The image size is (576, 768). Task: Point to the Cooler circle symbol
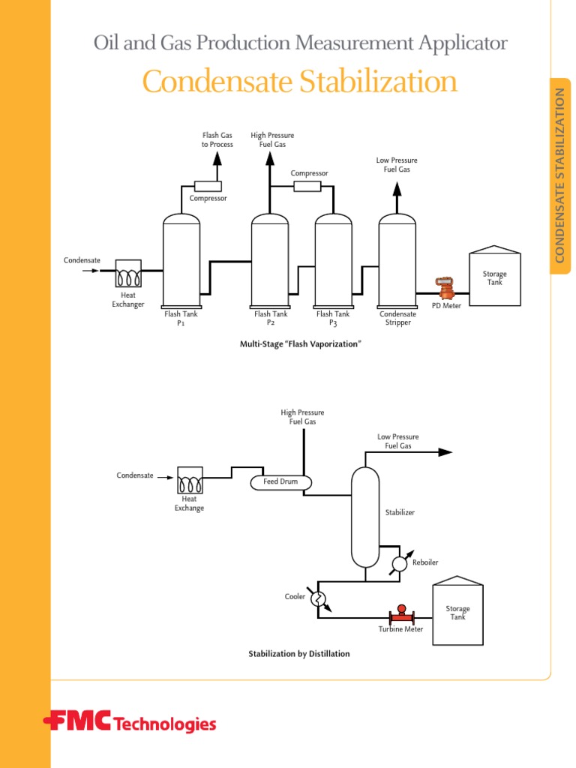318,598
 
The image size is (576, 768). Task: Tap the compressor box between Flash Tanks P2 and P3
307,186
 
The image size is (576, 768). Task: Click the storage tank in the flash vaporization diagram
494,277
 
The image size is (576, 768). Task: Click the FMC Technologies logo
130,723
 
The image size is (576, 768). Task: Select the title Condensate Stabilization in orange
299,82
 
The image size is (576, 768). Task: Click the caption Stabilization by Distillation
299,654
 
